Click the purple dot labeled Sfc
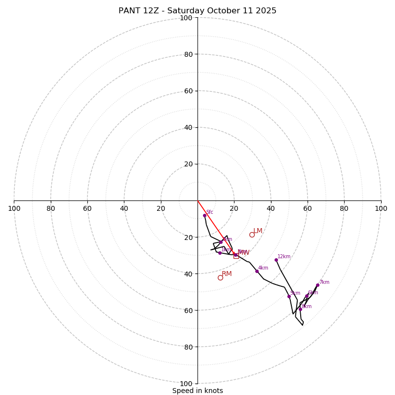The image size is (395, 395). tap(204, 215)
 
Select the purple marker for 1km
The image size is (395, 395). tap(220, 253)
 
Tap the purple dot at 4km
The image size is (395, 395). tap(257, 271)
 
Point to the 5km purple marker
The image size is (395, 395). tap(289, 296)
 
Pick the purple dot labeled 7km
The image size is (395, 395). tap(317, 285)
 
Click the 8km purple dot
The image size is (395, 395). tap(300, 309)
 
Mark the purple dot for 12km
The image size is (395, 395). tap(276, 260)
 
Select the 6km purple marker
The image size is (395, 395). tap(307, 296)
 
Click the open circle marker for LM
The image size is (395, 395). tap(252, 235)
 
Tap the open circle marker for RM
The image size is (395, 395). tap(220, 277)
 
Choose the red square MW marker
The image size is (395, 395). tap(236, 256)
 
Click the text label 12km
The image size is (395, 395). tap(284, 257)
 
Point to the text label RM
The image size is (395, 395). tap(227, 274)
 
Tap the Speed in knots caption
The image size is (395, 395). tap(197, 391)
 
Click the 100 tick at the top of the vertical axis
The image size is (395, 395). tap(186, 18)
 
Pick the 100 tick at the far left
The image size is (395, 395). tap(14, 208)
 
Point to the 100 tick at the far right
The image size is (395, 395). tap(381, 208)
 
